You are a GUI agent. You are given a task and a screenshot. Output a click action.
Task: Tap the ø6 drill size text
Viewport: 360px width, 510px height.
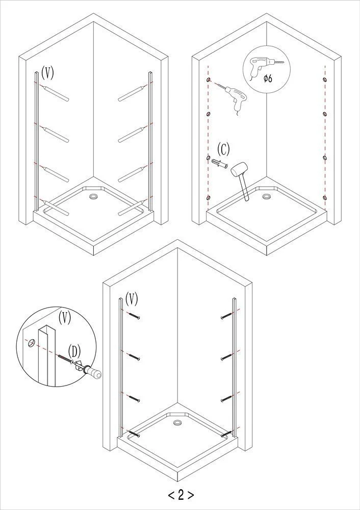268,78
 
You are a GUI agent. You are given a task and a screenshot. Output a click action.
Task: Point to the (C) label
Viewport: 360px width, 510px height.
223,149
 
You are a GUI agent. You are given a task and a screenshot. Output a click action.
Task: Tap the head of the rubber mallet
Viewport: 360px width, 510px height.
238,169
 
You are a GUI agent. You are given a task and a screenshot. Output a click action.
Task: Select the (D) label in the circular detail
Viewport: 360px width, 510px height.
74,351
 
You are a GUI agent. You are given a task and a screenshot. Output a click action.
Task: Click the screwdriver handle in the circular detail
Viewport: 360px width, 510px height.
93,372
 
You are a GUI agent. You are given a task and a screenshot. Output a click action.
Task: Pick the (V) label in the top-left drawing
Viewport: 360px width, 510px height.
48,72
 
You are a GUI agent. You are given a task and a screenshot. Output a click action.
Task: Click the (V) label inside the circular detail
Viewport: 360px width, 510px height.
65,317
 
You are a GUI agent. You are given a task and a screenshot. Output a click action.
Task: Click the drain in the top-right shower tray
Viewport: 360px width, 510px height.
267,196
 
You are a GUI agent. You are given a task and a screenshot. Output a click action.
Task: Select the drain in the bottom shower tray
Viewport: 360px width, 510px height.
177,423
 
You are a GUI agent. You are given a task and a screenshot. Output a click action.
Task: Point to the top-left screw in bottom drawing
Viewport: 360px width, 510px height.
134,316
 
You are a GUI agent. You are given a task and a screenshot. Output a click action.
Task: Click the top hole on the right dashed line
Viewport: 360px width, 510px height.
325,80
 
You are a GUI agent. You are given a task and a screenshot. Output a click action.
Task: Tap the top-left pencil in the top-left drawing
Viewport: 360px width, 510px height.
55,93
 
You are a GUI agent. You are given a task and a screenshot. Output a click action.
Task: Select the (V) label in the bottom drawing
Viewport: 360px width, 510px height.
132,298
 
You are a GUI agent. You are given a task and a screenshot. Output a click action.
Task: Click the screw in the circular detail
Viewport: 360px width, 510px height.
65,359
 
